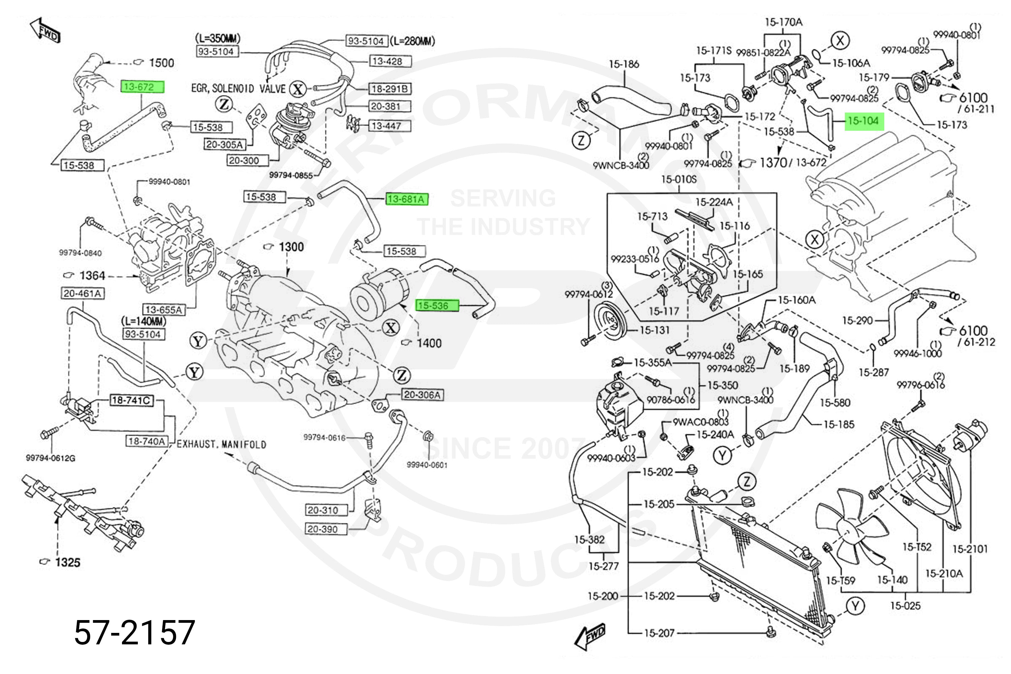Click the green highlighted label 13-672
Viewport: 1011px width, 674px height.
coord(142,87)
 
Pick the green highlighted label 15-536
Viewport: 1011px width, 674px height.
coord(437,306)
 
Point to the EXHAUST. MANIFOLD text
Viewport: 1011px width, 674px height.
coord(221,444)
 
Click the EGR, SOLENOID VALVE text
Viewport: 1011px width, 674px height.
coord(238,89)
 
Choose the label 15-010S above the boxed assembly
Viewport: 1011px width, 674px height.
coord(679,179)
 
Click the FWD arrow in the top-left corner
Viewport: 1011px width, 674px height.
coord(45,30)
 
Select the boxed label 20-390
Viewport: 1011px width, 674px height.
coord(326,529)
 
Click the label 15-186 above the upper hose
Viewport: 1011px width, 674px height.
coord(624,64)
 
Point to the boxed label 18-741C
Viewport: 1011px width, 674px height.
coord(131,401)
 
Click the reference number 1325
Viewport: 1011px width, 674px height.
coord(67,562)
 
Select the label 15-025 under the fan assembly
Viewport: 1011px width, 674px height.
coord(905,606)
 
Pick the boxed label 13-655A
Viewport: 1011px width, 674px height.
coord(164,309)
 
